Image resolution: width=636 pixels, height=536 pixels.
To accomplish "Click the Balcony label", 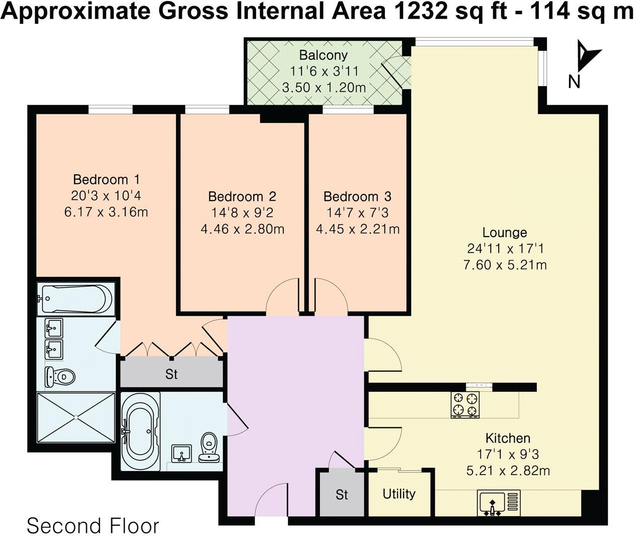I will [x=323, y=54].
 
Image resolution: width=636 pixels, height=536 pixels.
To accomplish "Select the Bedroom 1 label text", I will [x=106, y=179].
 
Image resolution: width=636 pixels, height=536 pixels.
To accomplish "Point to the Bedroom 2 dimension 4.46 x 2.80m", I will [x=242, y=229].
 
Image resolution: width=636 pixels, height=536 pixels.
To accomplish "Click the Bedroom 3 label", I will [x=357, y=196].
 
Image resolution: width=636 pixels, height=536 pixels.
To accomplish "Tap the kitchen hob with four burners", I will [x=465, y=405].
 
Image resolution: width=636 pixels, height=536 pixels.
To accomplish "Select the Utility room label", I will [x=399, y=493].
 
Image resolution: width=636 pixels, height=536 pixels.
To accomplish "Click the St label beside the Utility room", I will [x=342, y=495].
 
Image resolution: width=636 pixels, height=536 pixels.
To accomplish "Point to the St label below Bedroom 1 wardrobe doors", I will [x=172, y=375].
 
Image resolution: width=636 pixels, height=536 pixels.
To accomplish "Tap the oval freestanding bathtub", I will [x=141, y=431].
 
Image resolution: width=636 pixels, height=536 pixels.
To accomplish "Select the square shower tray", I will [x=76, y=417].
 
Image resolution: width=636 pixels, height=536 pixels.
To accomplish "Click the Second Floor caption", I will [x=93, y=525].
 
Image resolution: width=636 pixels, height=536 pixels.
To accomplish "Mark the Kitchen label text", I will [x=508, y=438].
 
